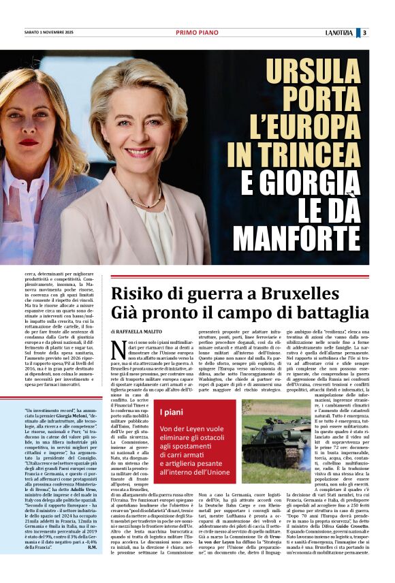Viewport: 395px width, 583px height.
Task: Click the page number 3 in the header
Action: coord(365,32)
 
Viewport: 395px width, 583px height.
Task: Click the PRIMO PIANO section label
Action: coord(196,32)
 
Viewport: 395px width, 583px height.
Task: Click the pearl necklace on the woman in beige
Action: coord(150,202)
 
